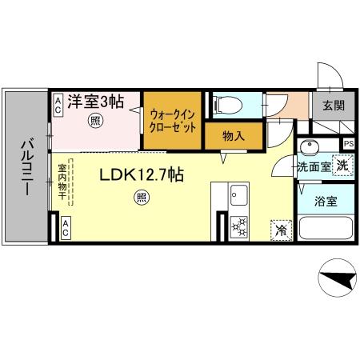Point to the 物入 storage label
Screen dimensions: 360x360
[233, 136]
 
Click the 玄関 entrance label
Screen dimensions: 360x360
[334, 105]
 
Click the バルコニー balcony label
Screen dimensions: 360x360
[25, 167]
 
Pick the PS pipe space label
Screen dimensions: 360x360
[348, 144]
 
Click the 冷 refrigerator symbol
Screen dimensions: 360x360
[282, 229]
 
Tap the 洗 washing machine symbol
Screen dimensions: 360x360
[342, 166]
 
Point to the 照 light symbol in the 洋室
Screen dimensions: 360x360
[95, 122]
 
